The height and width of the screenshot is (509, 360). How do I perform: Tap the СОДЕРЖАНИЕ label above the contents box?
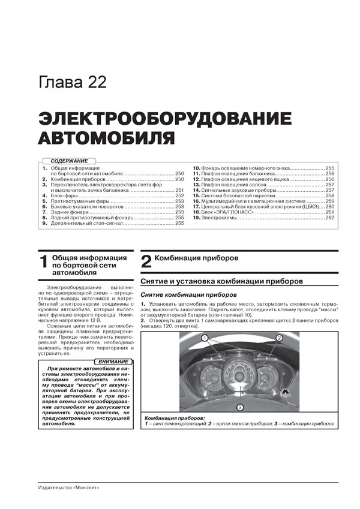click(x=69, y=161)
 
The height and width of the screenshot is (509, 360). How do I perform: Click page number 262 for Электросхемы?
click(x=329, y=218)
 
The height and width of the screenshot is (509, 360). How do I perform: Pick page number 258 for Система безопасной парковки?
click(x=329, y=196)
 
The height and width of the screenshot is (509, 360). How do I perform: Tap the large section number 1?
click(x=42, y=261)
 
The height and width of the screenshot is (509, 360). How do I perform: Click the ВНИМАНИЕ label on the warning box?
click(x=113, y=362)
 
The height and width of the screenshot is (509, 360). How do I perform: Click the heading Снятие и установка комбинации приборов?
click(x=221, y=281)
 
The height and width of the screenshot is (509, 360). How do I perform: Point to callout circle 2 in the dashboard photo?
click(x=295, y=338)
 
